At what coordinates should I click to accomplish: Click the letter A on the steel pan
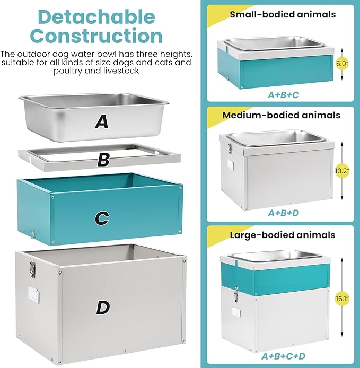[x=101, y=122]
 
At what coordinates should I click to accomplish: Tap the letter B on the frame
[x=104, y=159]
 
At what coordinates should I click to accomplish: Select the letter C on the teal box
[x=102, y=217]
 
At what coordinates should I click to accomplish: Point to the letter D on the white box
[x=103, y=306]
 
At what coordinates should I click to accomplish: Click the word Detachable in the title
[x=96, y=17]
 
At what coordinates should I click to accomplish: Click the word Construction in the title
[x=96, y=36]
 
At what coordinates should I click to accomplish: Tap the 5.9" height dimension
[x=342, y=64]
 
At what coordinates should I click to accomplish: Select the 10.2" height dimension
[x=342, y=171]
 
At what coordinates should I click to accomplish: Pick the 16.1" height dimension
[x=345, y=299]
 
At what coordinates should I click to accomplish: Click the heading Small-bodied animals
[x=282, y=14]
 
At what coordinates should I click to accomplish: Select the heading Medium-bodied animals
[x=282, y=115]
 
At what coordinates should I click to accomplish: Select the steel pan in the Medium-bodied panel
[x=275, y=138]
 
